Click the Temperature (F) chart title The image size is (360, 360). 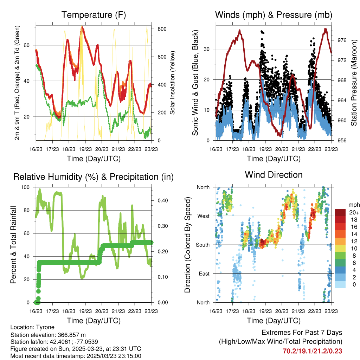pos(94,15)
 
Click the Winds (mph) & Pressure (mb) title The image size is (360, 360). pos(274,15)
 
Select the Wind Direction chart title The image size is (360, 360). pos(274,175)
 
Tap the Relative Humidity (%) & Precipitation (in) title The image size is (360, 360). pos(94,177)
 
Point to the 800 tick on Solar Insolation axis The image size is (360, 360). pos(162,29)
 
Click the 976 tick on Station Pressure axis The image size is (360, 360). pos(342,40)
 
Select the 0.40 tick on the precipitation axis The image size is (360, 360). pos(163,200)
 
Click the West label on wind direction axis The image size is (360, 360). pos(204,216)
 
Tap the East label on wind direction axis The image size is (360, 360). pos(204,274)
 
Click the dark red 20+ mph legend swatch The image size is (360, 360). pos(340,212)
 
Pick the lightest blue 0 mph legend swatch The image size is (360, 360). pos(340,284)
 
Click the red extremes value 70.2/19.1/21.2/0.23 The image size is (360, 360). pos(312,351)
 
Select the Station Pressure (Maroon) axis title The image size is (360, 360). pos(354,83)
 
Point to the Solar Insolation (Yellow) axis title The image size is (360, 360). pos(172,83)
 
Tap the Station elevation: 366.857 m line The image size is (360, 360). pos(48,335)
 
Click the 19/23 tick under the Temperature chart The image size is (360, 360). pos(85,149)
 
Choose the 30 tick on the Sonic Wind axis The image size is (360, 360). pos(207,49)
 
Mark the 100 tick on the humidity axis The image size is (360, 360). pos(25,187)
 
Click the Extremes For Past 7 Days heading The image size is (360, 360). pos(302,333)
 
